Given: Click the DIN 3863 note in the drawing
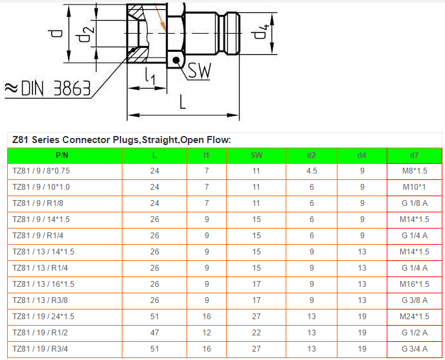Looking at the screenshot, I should pyautogui.click(x=49, y=88).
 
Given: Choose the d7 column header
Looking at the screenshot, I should pyautogui.click(x=414, y=155).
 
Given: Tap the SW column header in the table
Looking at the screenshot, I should pyautogui.click(x=256, y=155).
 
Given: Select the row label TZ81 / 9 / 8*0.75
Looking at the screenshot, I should pyautogui.click(x=41, y=171).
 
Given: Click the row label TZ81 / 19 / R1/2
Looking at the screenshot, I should pyautogui.click(x=40, y=333).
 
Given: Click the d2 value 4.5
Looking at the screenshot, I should pyautogui.click(x=312, y=171).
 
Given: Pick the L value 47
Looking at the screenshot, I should pyautogui.click(x=154, y=333).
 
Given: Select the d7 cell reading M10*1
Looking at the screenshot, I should pyautogui.click(x=414, y=187).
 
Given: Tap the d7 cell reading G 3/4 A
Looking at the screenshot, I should pyautogui.click(x=414, y=349).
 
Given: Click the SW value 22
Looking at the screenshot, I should pyautogui.click(x=256, y=333).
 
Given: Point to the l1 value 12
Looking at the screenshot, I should pyautogui.click(x=206, y=333).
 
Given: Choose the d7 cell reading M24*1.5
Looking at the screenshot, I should pyautogui.click(x=414, y=317).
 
